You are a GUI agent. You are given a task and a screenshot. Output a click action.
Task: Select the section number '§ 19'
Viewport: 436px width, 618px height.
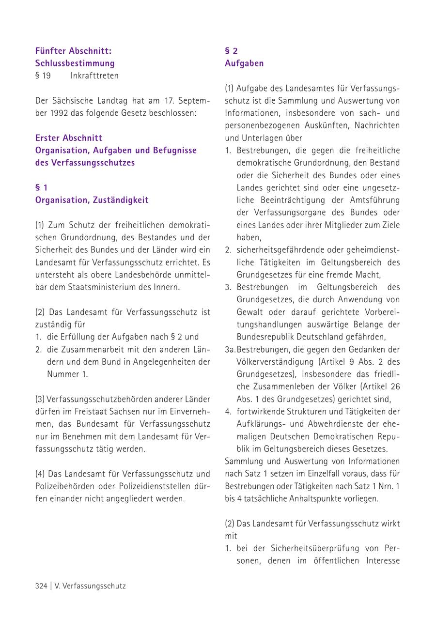click(x=43, y=76)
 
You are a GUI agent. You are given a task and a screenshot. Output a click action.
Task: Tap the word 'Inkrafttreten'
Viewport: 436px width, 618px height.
click(x=94, y=76)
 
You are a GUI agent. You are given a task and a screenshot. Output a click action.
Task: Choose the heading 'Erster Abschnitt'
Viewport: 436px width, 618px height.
click(x=68, y=138)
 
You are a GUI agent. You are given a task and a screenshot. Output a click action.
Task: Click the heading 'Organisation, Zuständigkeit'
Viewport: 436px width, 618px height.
click(x=92, y=200)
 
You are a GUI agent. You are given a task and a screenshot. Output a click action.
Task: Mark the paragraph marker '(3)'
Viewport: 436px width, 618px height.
click(x=40, y=400)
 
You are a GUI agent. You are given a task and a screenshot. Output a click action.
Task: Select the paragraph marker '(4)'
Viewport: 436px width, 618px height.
click(x=40, y=474)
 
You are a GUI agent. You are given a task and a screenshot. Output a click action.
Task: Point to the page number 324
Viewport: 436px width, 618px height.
click(x=41, y=586)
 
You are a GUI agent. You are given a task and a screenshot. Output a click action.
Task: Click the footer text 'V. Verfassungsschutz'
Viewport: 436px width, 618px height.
click(x=90, y=586)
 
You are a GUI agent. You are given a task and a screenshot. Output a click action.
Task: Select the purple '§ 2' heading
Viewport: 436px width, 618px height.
click(x=231, y=50)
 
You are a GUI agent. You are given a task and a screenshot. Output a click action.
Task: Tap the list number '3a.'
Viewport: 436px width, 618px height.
click(x=230, y=349)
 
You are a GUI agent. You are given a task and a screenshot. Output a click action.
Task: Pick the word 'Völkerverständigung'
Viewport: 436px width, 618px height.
click(x=274, y=362)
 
